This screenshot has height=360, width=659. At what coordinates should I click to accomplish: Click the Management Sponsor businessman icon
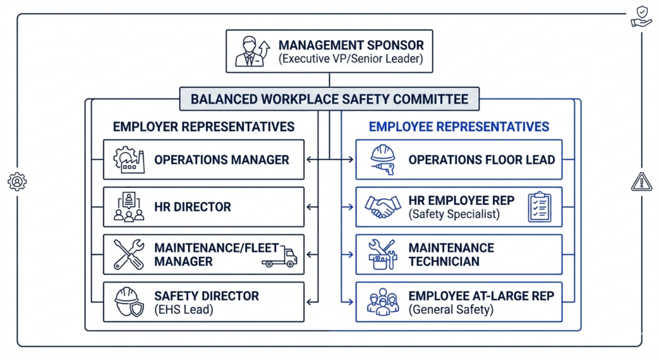pos(252,52)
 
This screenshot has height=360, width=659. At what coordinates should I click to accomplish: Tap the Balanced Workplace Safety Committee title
pos(329,99)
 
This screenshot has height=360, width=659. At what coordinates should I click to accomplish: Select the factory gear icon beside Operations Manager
pos(129,160)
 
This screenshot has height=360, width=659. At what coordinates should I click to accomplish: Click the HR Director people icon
pos(129,207)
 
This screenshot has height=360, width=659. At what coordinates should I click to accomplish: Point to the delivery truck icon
pos(279,256)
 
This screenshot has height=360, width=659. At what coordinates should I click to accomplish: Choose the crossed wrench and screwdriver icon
pos(129,254)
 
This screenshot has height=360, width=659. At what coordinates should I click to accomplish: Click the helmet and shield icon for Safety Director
pos(129,302)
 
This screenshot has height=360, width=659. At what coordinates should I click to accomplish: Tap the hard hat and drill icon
pos(383,160)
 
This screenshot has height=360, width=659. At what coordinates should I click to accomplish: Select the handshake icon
pos(382,207)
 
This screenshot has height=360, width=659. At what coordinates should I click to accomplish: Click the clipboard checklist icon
pos(540,207)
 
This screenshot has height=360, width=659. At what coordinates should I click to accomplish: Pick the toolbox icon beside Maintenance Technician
pos(382,254)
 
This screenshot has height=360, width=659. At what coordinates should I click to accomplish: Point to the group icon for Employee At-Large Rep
pos(382,302)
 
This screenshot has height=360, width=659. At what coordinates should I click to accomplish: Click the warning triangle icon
pos(642,182)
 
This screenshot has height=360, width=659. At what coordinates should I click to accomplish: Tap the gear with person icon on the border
pos(17,182)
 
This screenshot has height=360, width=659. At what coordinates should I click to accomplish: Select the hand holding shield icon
pos(642,17)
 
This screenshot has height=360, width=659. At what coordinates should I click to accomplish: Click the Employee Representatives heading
pos(459,127)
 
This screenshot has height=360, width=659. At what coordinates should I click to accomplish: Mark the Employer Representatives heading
pos(203,127)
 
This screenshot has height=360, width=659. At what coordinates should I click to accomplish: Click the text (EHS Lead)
pos(183,310)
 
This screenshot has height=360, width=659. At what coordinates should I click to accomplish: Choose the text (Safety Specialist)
pos(454,214)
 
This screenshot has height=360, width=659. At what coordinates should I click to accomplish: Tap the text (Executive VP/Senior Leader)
pos(351,59)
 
